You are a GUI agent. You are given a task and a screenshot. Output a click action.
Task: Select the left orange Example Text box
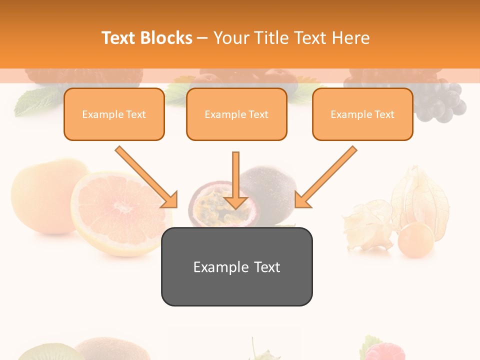point(114,114)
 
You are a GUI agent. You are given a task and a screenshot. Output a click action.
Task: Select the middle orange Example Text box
point(236,114)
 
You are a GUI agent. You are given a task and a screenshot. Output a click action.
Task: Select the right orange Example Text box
point(362,114)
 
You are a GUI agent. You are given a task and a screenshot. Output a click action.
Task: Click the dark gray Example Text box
point(236,266)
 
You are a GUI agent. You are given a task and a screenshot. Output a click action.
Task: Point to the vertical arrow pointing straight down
point(236,180)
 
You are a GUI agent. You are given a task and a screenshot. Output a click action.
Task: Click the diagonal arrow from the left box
point(146,176)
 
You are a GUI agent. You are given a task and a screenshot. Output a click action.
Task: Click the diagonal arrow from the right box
point(325,176)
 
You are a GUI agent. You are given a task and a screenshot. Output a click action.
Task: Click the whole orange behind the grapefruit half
point(40,190)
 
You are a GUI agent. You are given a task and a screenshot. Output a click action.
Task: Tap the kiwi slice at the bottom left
point(45,353)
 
